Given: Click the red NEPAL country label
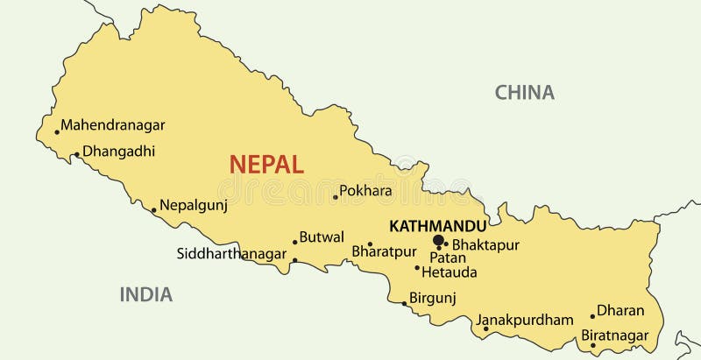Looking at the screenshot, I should [x=266, y=164].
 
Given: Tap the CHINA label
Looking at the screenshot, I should [x=524, y=92].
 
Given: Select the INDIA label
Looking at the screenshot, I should [x=146, y=294].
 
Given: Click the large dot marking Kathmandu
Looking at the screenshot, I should [x=438, y=240].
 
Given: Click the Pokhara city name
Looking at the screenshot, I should [x=365, y=190].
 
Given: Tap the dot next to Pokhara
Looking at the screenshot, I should [x=336, y=197].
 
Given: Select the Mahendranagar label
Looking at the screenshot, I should [x=112, y=125].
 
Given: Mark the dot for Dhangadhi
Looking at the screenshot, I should [x=76, y=155].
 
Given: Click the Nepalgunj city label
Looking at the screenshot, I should [x=193, y=206].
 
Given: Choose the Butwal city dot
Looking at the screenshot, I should [x=295, y=243].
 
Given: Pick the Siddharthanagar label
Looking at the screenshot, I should [x=231, y=254].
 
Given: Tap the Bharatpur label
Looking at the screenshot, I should [x=383, y=251].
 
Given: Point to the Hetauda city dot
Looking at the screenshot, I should [x=417, y=267].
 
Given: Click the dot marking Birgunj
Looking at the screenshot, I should [x=404, y=304].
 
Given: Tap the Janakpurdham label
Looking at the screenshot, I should [x=526, y=321].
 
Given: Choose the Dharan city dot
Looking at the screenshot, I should [x=592, y=316].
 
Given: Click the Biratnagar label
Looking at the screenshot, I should [x=615, y=335].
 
